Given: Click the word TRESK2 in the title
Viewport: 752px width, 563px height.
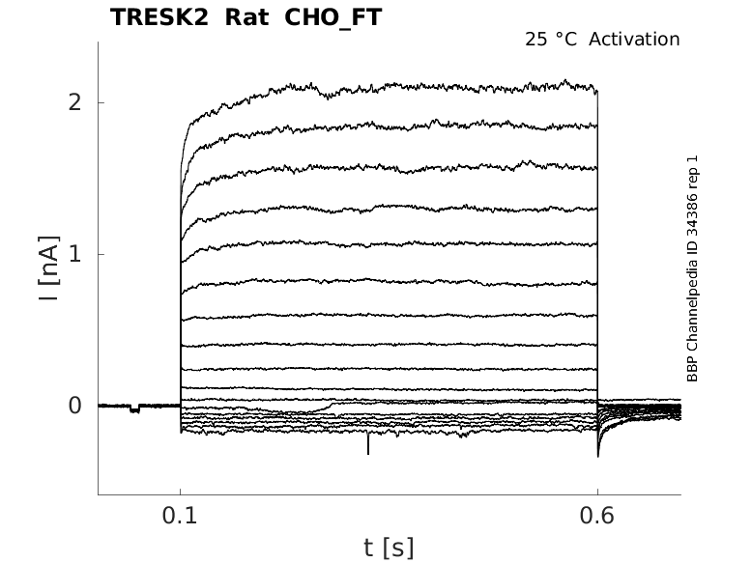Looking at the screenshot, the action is (159, 17).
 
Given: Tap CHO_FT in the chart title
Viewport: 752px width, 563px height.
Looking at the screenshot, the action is (333, 18).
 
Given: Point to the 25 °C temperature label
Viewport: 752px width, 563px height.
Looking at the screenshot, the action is (551, 40).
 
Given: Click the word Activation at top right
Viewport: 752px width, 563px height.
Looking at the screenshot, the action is (634, 40).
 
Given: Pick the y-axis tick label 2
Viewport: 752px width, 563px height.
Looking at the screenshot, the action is (74, 102).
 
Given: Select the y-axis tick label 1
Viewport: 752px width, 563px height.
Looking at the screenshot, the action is (74, 254).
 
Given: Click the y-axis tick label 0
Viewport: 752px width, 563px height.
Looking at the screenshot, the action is (74, 406).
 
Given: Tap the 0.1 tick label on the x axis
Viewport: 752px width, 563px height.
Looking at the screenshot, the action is (180, 516).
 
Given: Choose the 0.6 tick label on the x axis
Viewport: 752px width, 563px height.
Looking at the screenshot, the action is (597, 516).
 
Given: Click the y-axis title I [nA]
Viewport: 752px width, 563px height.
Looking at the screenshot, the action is (49, 268).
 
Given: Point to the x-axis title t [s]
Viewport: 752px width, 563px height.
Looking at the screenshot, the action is (389, 549).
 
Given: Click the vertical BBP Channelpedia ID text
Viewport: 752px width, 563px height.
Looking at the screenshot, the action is (692, 268).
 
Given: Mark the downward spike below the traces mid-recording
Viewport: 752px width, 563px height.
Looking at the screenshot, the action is (368, 443).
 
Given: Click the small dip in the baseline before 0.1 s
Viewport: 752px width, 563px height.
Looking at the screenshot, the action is (134, 408).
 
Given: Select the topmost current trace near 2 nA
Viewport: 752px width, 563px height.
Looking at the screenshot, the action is (389, 86).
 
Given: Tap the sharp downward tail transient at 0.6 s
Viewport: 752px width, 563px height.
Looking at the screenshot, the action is (598, 443).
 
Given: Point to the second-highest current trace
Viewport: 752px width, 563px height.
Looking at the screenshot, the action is (389, 126).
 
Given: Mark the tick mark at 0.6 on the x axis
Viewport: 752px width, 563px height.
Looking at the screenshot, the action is (597, 492).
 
